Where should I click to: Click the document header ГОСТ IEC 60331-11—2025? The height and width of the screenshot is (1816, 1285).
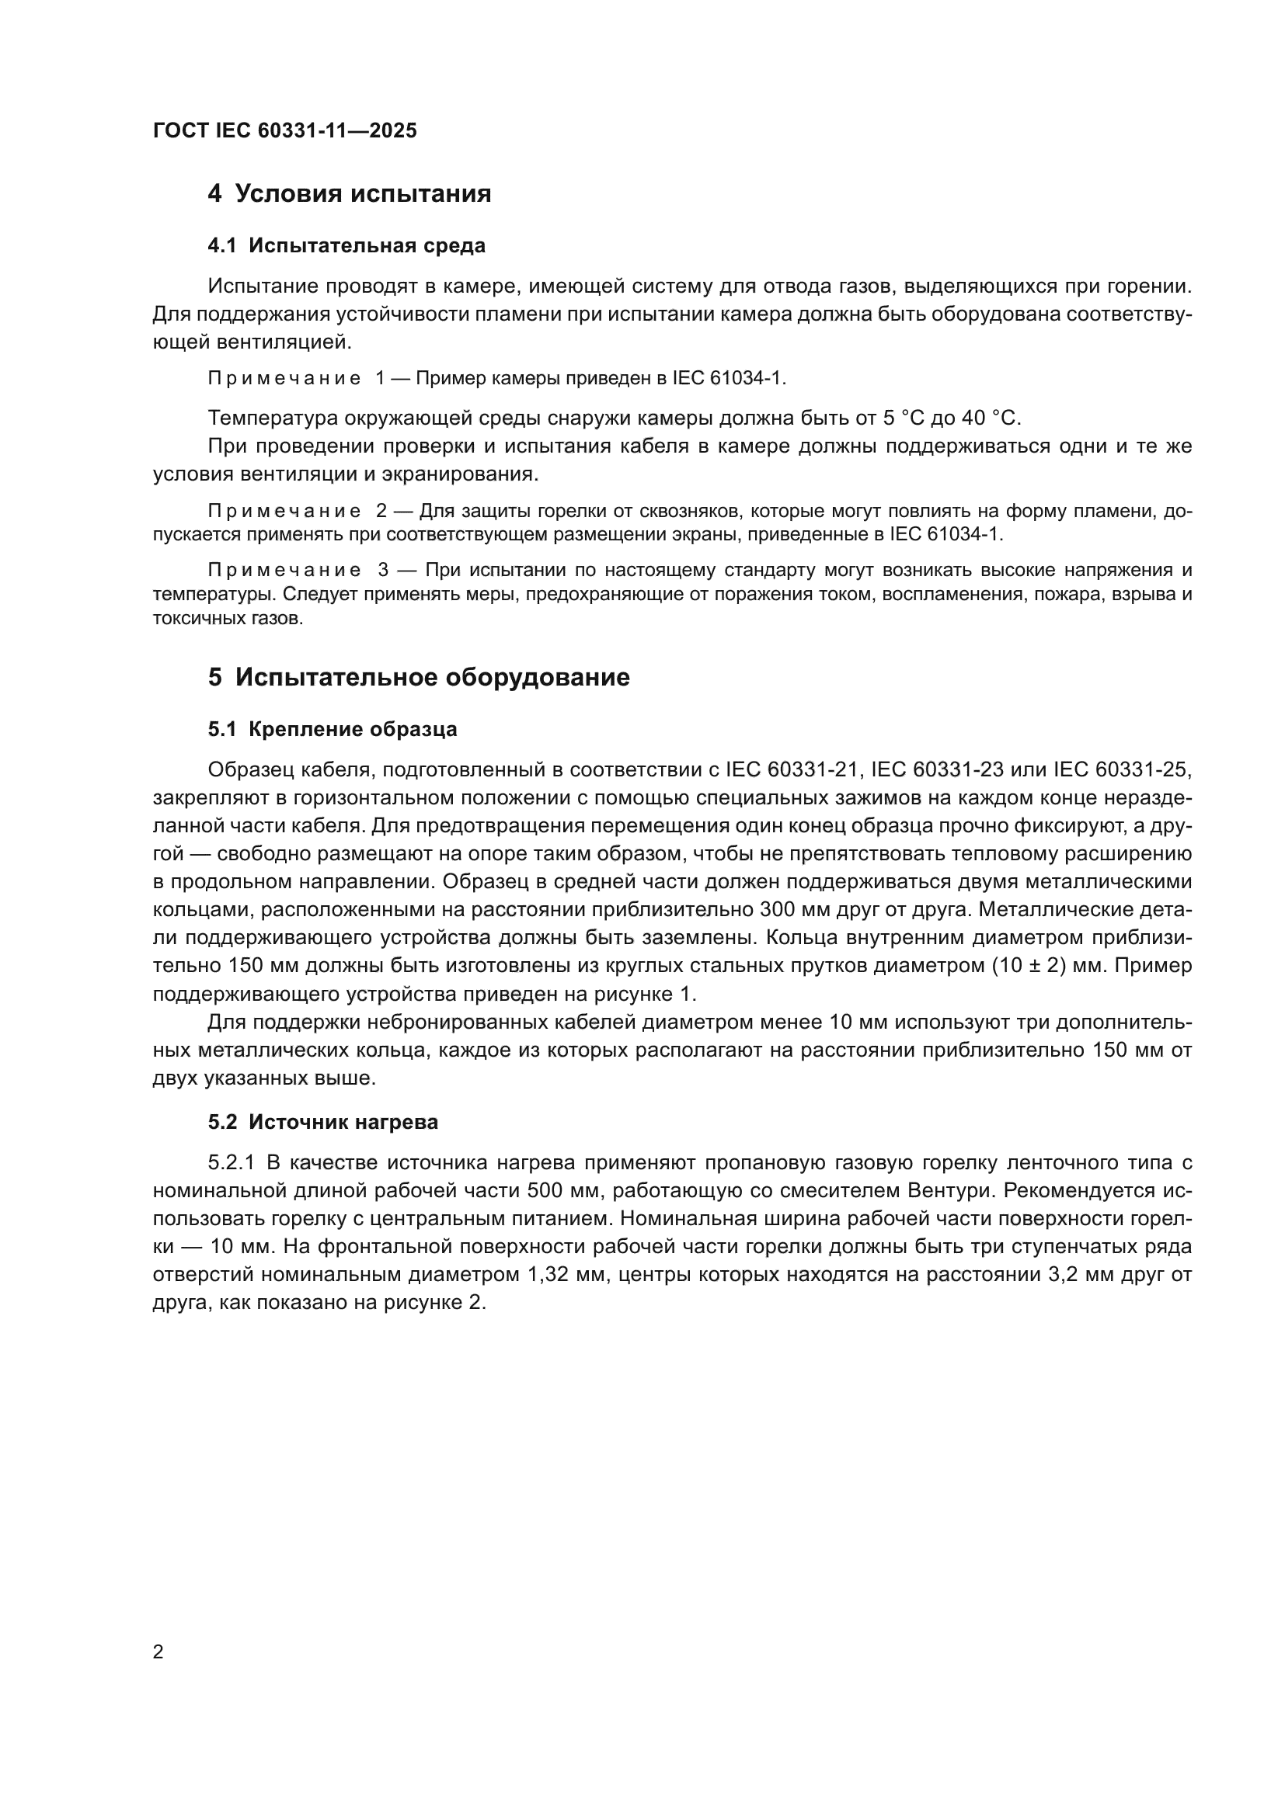[284, 130]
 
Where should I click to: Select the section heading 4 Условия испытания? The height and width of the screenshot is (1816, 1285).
[349, 194]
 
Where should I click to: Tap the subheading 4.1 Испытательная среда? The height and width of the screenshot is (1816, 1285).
[346, 246]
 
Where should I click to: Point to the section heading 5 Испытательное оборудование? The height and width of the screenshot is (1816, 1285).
[419, 677]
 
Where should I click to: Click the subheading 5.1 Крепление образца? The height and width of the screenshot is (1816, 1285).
[333, 729]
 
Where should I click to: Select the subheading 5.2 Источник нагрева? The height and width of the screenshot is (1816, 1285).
[323, 1122]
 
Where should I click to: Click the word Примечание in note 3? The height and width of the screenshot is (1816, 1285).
[284, 571]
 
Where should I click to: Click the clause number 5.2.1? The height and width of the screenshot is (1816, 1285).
[231, 1163]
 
